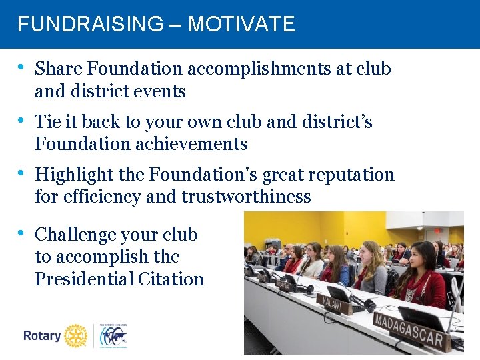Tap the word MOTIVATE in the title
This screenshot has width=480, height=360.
(x=241, y=25)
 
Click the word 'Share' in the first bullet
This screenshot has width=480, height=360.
(x=59, y=69)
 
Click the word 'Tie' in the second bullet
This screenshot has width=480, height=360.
(x=47, y=122)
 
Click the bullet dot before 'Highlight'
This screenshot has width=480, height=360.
(x=22, y=173)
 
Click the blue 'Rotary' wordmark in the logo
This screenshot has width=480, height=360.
(x=42, y=336)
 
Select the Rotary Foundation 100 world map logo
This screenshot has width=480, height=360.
(x=113, y=337)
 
